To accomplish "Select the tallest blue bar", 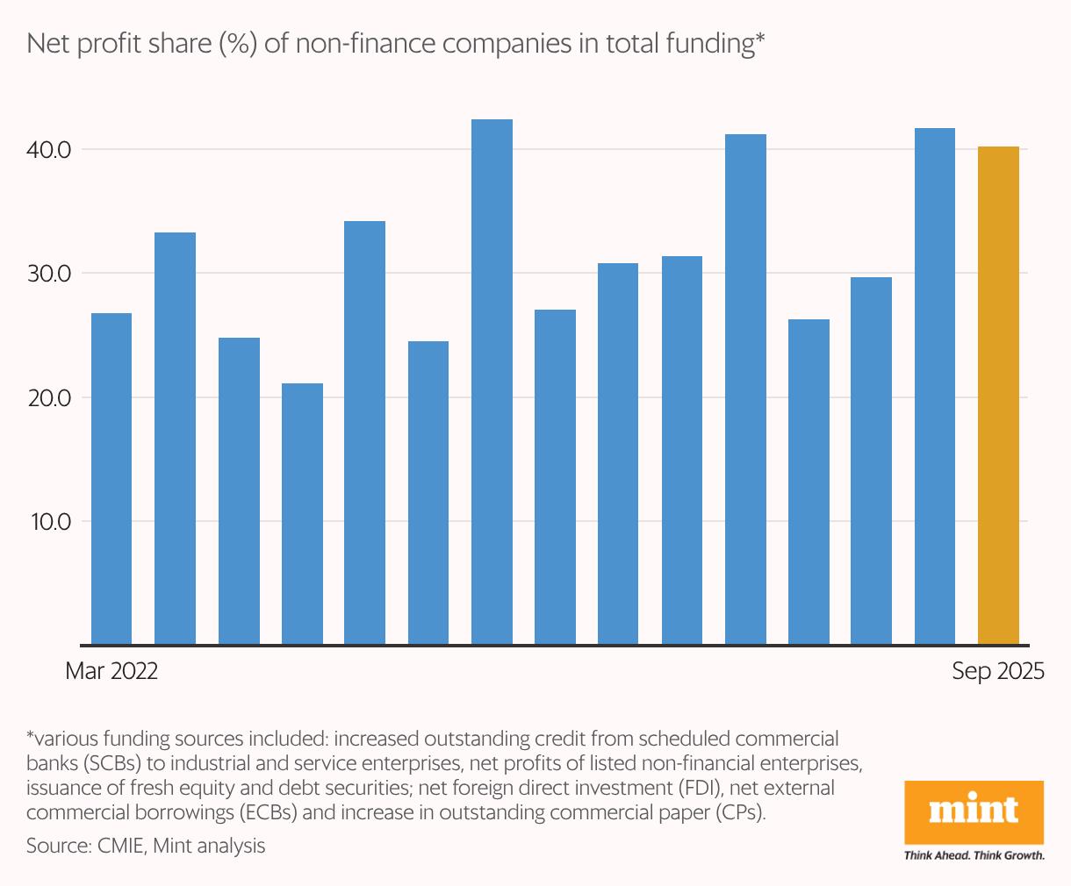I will click(492, 382).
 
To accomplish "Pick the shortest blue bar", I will click(302, 513).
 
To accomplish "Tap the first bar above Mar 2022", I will click(111, 478).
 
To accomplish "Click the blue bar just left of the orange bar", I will click(935, 386).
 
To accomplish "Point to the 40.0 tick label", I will click(48, 150).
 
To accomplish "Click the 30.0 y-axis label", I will click(48, 274).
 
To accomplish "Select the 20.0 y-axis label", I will click(48, 398).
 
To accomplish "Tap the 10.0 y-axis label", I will click(48, 522).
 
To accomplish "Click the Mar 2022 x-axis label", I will click(111, 672).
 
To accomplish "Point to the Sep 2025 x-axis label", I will click(998, 672).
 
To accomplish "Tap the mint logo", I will click(974, 811).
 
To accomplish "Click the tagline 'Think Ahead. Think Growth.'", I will click(974, 855).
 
